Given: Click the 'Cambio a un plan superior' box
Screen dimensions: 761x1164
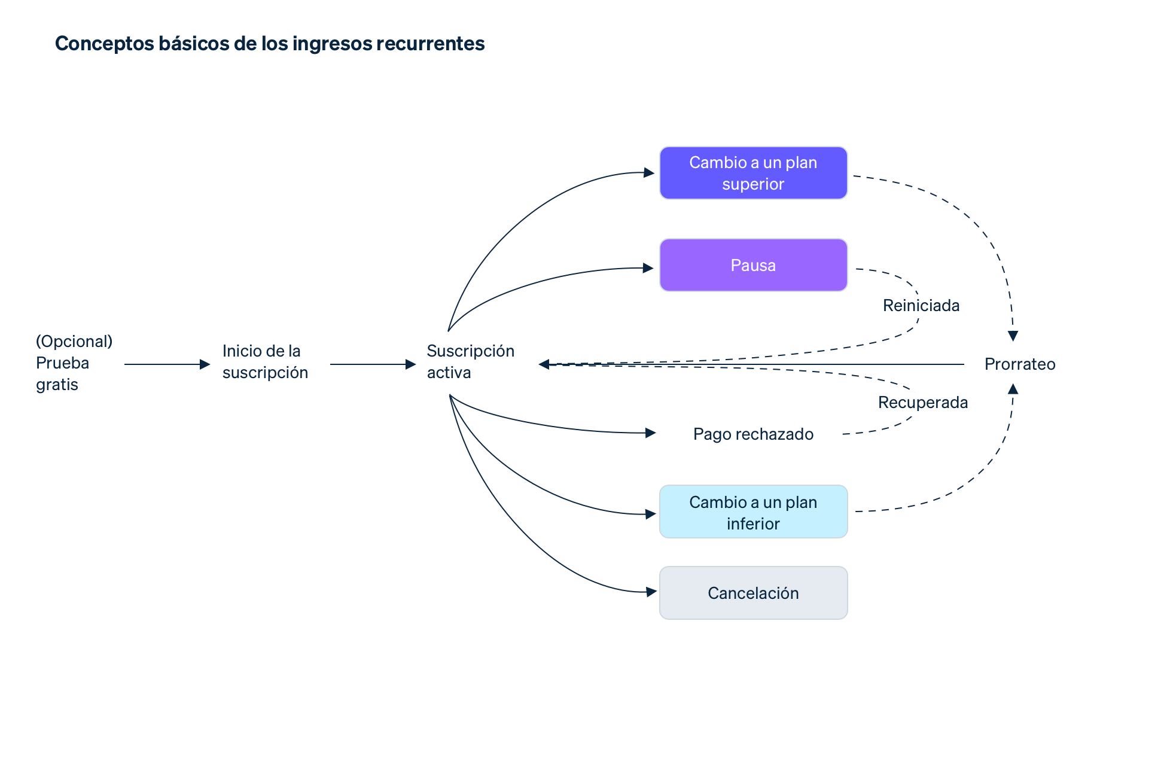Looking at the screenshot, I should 752,173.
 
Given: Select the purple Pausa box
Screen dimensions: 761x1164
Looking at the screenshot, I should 752,265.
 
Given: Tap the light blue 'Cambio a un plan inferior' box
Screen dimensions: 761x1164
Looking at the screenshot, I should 752,512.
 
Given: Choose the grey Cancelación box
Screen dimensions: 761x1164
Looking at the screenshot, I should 752,593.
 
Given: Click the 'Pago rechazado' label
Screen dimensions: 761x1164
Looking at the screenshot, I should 752,434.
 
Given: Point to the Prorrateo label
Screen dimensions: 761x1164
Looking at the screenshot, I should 1019,364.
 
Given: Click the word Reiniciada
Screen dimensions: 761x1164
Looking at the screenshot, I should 921,306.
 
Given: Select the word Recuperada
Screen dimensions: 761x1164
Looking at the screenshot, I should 922,402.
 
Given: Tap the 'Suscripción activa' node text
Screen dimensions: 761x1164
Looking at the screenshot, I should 470,361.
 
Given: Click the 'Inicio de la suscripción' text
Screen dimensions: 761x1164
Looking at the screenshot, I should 265,361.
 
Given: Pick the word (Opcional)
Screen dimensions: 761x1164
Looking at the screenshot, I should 74,341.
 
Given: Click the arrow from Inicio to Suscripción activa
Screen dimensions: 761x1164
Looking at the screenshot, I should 372,364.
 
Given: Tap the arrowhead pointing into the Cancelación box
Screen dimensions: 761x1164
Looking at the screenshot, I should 651,592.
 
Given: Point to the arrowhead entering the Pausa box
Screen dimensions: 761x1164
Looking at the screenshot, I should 648,268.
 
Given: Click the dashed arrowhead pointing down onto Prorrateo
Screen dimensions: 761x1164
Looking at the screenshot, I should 1013,336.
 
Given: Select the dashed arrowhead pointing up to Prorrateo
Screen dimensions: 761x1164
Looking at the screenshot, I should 1013,389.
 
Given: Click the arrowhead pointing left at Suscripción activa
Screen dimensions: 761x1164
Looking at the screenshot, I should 544,364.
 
